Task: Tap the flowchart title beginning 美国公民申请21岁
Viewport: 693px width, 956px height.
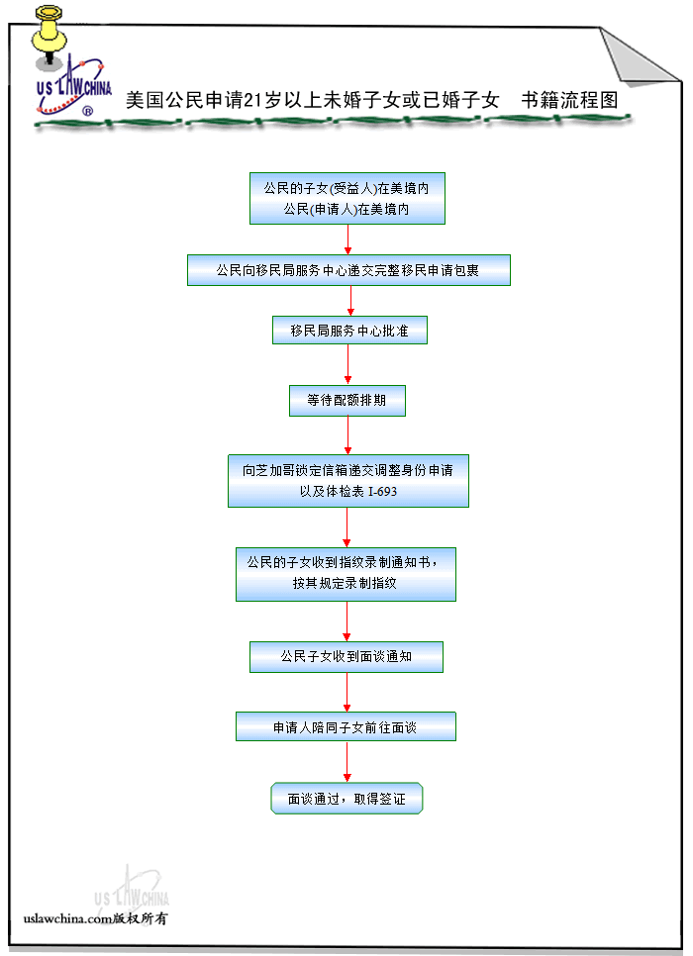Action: [371, 101]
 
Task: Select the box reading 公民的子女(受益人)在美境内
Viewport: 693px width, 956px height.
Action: [346, 198]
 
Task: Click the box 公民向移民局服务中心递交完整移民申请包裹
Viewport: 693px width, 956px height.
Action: [348, 270]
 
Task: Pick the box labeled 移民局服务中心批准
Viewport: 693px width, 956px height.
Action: [349, 331]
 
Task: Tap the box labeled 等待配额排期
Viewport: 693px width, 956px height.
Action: [346, 401]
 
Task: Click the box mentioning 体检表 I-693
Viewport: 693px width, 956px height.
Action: [347, 481]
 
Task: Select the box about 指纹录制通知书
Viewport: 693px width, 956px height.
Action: [346, 573]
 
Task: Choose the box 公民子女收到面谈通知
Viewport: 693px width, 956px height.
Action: [346, 656]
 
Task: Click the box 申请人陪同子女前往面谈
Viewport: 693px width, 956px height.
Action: [346, 726]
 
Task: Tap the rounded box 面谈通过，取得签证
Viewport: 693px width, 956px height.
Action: [346, 798]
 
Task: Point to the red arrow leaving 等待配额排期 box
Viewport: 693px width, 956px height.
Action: [347, 434]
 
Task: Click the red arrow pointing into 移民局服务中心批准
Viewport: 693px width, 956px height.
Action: [350, 301]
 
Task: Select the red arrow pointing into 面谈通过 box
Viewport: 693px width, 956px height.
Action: [346, 761]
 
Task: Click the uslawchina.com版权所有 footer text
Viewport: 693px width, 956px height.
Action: [95, 919]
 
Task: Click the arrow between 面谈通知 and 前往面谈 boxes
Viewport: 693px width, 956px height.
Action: [346, 692]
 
